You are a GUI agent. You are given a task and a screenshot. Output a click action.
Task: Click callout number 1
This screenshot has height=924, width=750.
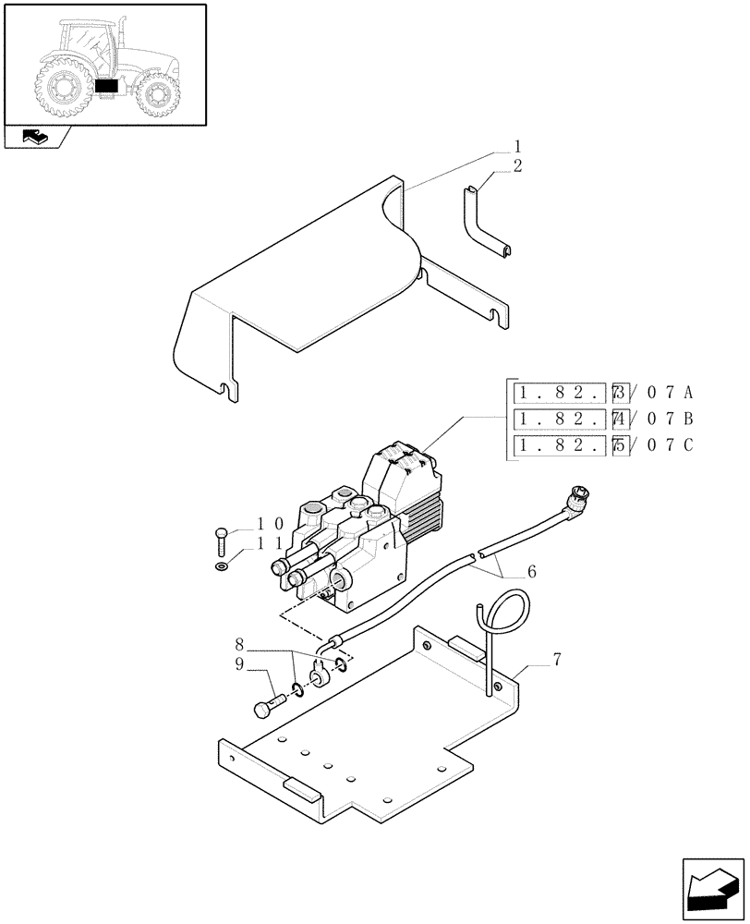click(518, 146)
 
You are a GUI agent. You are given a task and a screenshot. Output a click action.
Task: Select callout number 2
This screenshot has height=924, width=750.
click(518, 166)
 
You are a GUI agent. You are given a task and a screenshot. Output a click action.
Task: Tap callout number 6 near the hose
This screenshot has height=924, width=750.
click(531, 573)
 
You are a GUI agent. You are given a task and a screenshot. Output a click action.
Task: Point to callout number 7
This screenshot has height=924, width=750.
click(557, 659)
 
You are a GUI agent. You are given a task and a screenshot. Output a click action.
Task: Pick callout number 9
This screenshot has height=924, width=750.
click(240, 664)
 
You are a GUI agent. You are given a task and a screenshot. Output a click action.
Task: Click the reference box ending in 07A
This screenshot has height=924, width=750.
click(602, 391)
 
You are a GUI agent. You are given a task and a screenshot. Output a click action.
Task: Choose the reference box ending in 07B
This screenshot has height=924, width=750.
click(602, 418)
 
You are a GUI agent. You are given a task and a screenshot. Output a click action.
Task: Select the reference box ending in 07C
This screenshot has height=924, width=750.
click(602, 445)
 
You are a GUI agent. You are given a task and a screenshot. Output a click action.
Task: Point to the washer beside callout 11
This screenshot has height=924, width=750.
click(221, 566)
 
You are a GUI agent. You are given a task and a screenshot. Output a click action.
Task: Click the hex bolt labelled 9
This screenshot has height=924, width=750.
click(267, 708)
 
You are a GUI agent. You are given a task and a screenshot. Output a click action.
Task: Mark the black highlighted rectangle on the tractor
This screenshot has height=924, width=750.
click(107, 85)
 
